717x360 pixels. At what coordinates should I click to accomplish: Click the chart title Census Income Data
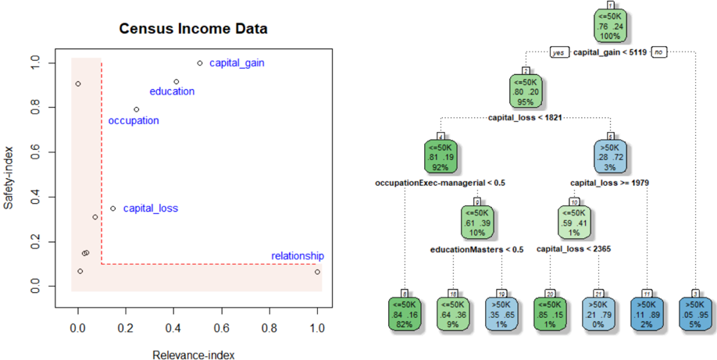click(193, 30)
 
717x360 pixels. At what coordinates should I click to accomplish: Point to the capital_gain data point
click(200, 63)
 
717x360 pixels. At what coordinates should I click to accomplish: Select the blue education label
click(172, 91)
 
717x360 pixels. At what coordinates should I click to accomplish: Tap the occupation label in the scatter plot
click(134, 120)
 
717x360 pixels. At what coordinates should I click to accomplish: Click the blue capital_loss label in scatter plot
click(151, 209)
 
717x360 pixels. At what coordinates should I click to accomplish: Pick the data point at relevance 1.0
click(317, 272)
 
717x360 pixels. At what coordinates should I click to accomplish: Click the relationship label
click(297, 256)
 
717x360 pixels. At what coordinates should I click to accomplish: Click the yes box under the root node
click(558, 53)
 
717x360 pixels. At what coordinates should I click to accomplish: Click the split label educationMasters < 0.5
click(476, 250)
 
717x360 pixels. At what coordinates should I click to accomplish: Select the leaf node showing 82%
click(405, 313)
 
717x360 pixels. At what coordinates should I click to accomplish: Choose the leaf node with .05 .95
click(696, 313)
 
